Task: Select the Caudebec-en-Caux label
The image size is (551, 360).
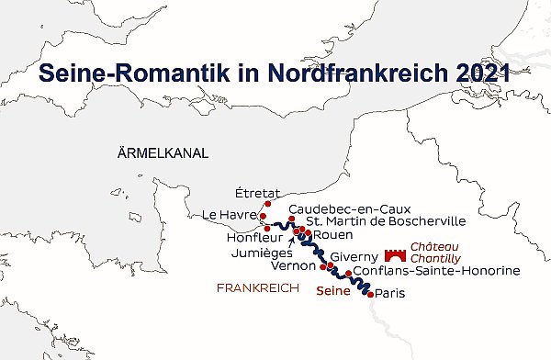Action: pyautogui.click(x=347, y=208)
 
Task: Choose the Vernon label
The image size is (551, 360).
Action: pyautogui.click(x=295, y=266)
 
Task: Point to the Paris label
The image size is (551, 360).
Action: pyautogui.click(x=391, y=294)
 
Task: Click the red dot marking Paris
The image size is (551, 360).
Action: pyautogui.click(x=370, y=295)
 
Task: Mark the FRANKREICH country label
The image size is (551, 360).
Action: pyautogui.click(x=258, y=288)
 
